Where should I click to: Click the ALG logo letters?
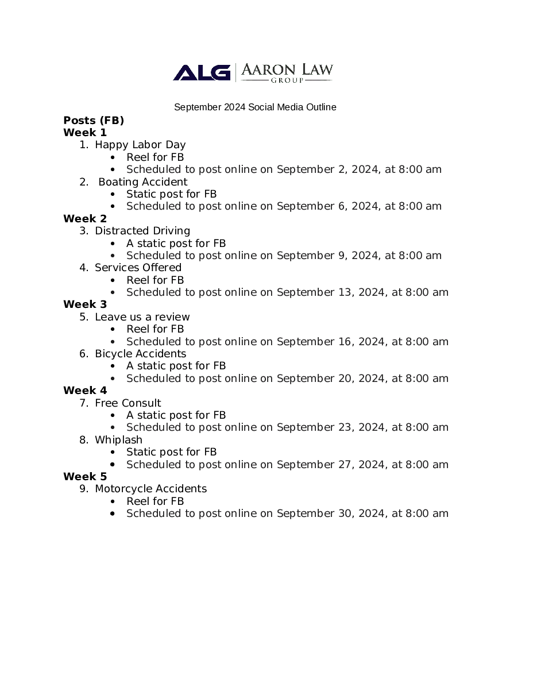coord(201,72)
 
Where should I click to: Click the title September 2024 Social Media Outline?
coord(255,107)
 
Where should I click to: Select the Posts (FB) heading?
coord(94,120)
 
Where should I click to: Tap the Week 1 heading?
coord(85,133)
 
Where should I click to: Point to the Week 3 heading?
coord(85,304)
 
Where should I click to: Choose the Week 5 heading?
coord(85,477)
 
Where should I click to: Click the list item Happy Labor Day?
coord(140,145)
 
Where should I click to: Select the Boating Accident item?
coord(143,182)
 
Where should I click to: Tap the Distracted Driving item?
coord(142,231)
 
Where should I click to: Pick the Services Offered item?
coord(138,268)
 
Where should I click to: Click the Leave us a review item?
coord(142,317)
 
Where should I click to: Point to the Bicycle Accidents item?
coord(140,354)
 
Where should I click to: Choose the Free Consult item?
coord(128,403)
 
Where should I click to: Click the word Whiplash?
coord(118,440)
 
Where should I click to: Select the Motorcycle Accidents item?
coord(150,489)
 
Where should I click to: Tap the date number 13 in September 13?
coord(345,292)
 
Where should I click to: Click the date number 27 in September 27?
coord(345,465)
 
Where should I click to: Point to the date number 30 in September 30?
coord(345,513)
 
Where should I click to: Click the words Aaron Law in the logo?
coord(286,70)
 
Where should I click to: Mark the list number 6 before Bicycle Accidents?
coord(83,354)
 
